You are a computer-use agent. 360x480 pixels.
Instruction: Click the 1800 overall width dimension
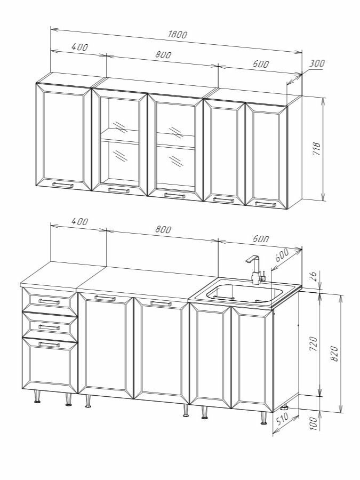point(177,34)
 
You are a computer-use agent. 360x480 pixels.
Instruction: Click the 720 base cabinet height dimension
point(314,343)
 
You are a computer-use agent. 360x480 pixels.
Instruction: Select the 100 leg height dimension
point(313,423)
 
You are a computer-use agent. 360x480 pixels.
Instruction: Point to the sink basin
point(244,293)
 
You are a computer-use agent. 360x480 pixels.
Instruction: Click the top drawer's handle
point(49,301)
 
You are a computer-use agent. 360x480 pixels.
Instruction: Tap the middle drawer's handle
point(49,327)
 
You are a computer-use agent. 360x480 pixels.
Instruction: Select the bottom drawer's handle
point(49,345)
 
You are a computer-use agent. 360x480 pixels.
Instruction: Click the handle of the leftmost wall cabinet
point(63,185)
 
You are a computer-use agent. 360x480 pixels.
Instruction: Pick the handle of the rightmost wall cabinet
point(266,204)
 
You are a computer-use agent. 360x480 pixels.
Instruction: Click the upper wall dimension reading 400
point(79,47)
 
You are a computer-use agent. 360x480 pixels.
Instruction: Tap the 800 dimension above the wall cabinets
point(163,55)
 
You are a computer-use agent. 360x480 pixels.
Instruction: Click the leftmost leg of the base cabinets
point(37,397)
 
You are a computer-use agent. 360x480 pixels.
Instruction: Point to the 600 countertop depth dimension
point(282,255)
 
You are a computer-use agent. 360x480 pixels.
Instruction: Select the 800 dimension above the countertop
point(163,229)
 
